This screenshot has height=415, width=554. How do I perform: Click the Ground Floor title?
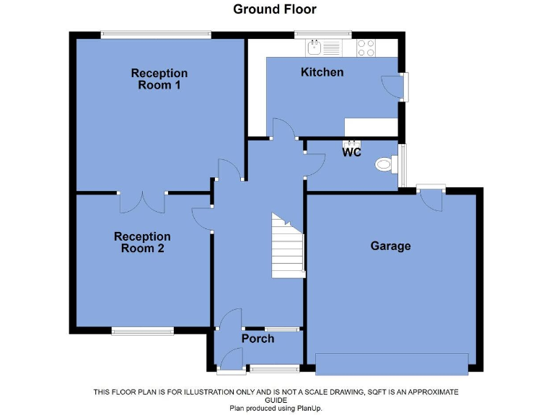[x=274, y=9]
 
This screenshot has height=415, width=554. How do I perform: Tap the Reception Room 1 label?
[x=159, y=79]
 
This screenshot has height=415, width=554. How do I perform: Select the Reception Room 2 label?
[x=142, y=242]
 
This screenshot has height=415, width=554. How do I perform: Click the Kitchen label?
[x=322, y=72]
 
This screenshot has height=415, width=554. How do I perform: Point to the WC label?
[x=351, y=153]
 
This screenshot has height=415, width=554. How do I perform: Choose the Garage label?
[x=390, y=246]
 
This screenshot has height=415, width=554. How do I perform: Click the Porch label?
[x=258, y=338]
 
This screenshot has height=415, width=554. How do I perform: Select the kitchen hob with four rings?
[x=366, y=48]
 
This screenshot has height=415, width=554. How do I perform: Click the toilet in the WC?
[x=386, y=165]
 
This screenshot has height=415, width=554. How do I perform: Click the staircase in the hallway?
[x=288, y=245]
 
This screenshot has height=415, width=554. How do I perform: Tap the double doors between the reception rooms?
[x=142, y=202]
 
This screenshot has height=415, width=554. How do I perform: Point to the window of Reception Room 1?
[x=156, y=33]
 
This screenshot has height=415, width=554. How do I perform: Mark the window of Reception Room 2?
[x=142, y=331]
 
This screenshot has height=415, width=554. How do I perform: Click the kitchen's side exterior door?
[x=393, y=87]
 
